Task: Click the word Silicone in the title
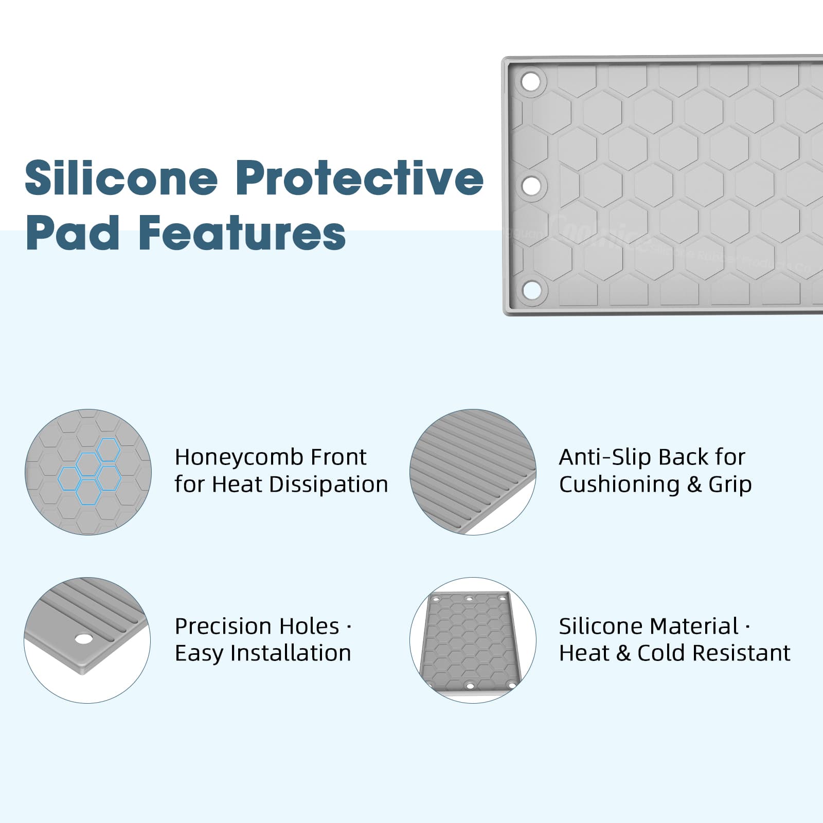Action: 121,178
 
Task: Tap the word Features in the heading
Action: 242,233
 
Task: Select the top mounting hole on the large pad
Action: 531,81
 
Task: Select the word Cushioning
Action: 619,485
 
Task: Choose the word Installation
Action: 291,653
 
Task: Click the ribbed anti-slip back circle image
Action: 473,472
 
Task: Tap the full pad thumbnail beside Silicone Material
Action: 473,640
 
